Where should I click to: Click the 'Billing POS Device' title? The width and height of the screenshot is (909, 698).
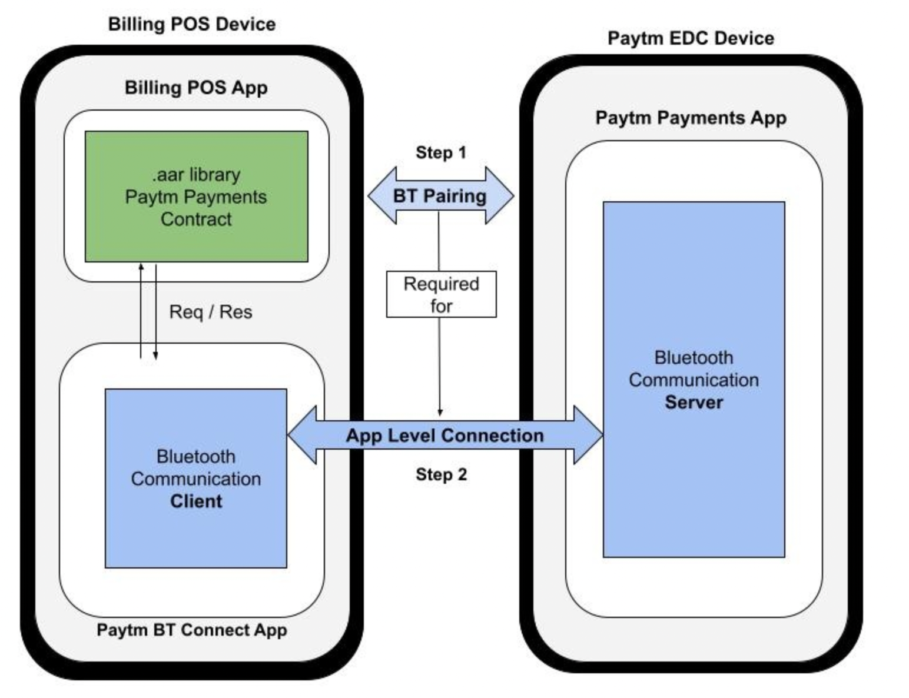pyautogui.click(x=192, y=24)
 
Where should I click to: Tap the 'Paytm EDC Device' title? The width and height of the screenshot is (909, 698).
pyautogui.click(x=691, y=38)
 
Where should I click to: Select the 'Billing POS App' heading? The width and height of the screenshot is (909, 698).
pyautogui.click(x=196, y=88)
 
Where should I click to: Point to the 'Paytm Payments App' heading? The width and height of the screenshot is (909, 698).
pyautogui.click(x=691, y=118)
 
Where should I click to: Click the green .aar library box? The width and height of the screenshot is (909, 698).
pyautogui.click(x=196, y=197)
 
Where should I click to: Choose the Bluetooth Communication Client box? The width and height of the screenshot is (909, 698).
pyautogui.click(x=196, y=478)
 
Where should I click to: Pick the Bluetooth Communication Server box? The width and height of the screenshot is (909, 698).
pyautogui.click(x=694, y=379)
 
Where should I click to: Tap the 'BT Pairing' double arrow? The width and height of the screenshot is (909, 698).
pyautogui.click(x=440, y=195)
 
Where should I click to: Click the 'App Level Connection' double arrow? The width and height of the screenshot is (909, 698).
pyautogui.click(x=445, y=436)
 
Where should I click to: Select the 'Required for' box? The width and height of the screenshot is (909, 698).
pyautogui.click(x=441, y=294)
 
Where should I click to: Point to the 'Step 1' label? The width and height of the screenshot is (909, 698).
pyautogui.click(x=441, y=152)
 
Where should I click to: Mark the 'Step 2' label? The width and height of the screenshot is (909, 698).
pyautogui.click(x=441, y=474)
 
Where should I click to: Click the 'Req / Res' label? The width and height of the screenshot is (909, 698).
pyautogui.click(x=211, y=312)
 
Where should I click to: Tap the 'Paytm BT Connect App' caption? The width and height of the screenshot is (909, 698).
pyautogui.click(x=192, y=630)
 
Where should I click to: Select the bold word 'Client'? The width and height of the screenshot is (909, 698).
pyautogui.click(x=196, y=501)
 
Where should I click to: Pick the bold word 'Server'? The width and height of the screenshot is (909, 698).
pyautogui.click(x=694, y=403)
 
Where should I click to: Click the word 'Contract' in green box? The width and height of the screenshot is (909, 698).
pyautogui.click(x=196, y=219)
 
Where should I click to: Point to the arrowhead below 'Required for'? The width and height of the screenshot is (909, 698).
pyautogui.click(x=440, y=413)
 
